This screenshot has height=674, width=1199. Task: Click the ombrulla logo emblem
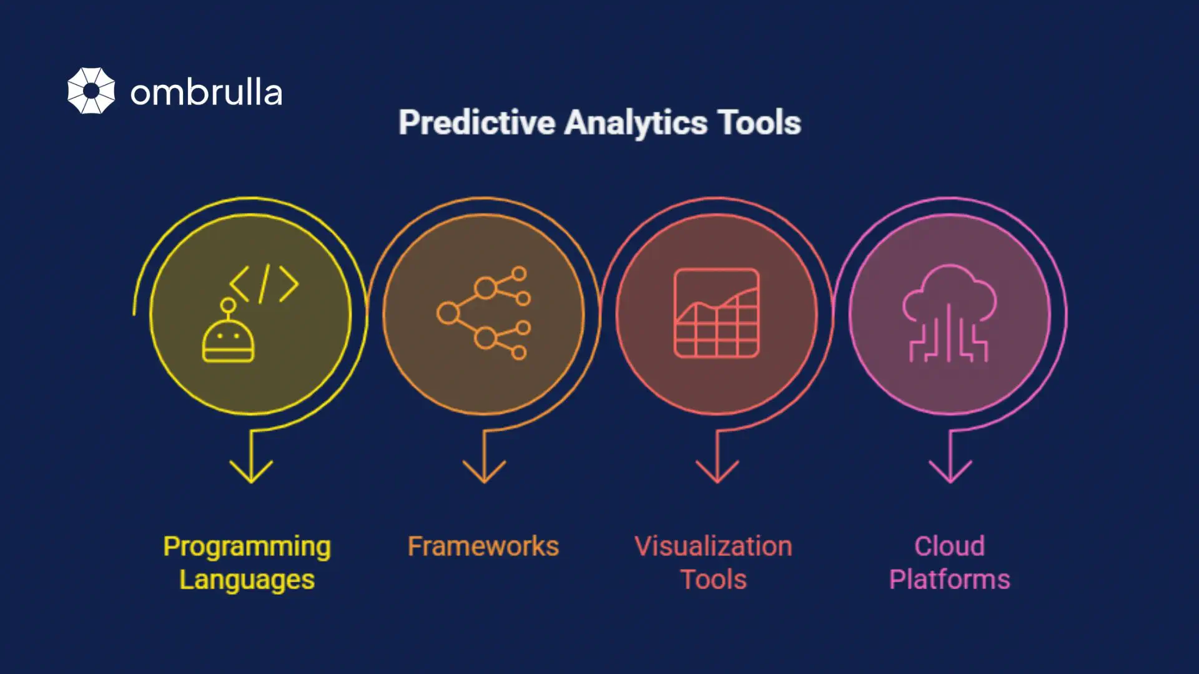pyautogui.click(x=91, y=90)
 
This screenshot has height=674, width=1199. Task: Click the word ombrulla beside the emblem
pyautogui.click(x=206, y=93)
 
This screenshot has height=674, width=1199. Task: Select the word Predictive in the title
pyautogui.click(x=476, y=122)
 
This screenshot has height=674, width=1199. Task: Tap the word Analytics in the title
pyautogui.click(x=636, y=122)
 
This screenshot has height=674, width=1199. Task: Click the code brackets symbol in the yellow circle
pyautogui.click(x=264, y=284)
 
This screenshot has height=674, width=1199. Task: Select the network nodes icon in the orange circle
pyautogui.click(x=484, y=313)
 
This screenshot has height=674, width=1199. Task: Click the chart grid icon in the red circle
pyautogui.click(x=716, y=313)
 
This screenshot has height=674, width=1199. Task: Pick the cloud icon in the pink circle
pyautogui.click(x=949, y=312)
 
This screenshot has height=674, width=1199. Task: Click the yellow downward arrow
pyautogui.click(x=251, y=462)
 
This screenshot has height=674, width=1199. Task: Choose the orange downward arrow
pyautogui.click(x=484, y=462)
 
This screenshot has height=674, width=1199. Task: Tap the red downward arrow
pyautogui.click(x=717, y=462)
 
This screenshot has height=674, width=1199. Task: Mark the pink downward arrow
pyautogui.click(x=950, y=462)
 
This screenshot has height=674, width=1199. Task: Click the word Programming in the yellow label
pyautogui.click(x=247, y=547)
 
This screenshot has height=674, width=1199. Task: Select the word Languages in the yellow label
pyautogui.click(x=247, y=580)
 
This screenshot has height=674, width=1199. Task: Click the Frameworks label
pyautogui.click(x=483, y=546)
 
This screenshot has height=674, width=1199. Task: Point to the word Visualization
pyautogui.click(x=713, y=546)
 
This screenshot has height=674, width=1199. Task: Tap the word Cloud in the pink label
pyautogui.click(x=949, y=546)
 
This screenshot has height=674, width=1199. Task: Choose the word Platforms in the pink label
pyautogui.click(x=949, y=580)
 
